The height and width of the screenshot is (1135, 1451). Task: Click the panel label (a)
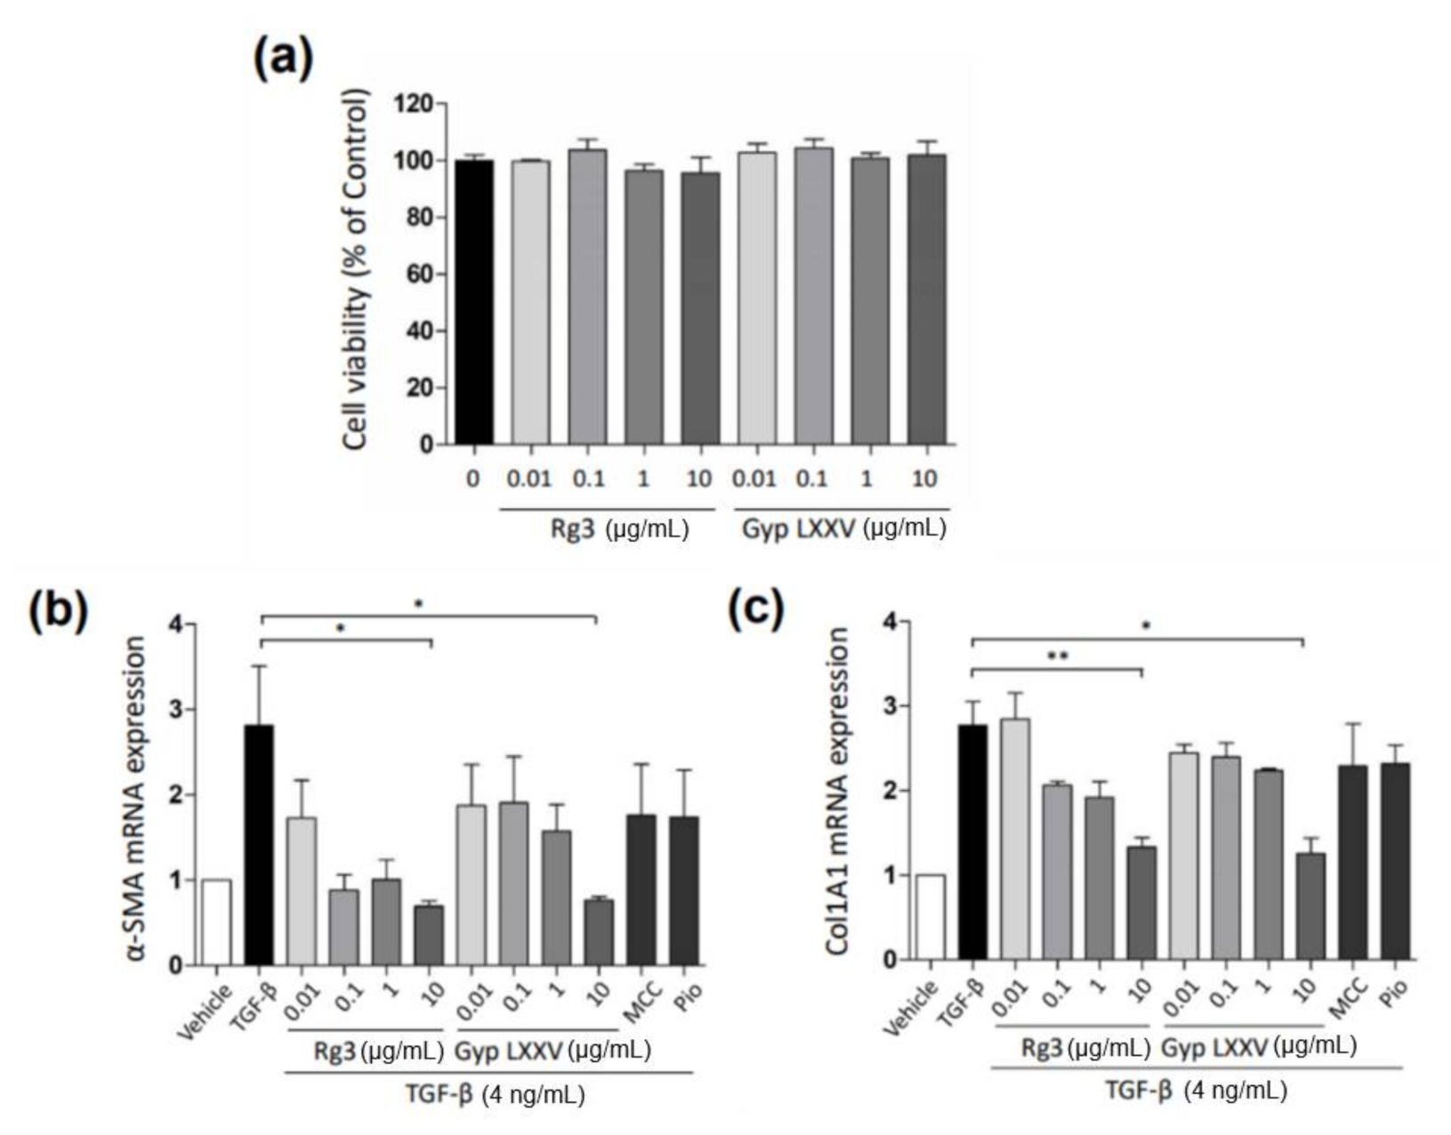(x=283, y=60)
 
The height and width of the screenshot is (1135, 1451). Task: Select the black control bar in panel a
(x=474, y=302)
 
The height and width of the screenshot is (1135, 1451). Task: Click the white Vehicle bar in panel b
(x=217, y=922)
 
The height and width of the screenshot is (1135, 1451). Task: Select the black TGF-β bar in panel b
(x=259, y=845)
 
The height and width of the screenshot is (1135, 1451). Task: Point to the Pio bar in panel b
(x=683, y=889)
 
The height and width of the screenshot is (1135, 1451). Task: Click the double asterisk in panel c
(x=1057, y=657)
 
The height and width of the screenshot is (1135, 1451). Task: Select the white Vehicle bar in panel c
(x=931, y=917)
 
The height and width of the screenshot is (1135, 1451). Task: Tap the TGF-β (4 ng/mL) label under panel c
(x=1195, y=1090)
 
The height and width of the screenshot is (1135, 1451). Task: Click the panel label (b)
(x=58, y=611)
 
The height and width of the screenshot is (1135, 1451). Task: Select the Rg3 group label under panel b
(x=335, y=1051)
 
